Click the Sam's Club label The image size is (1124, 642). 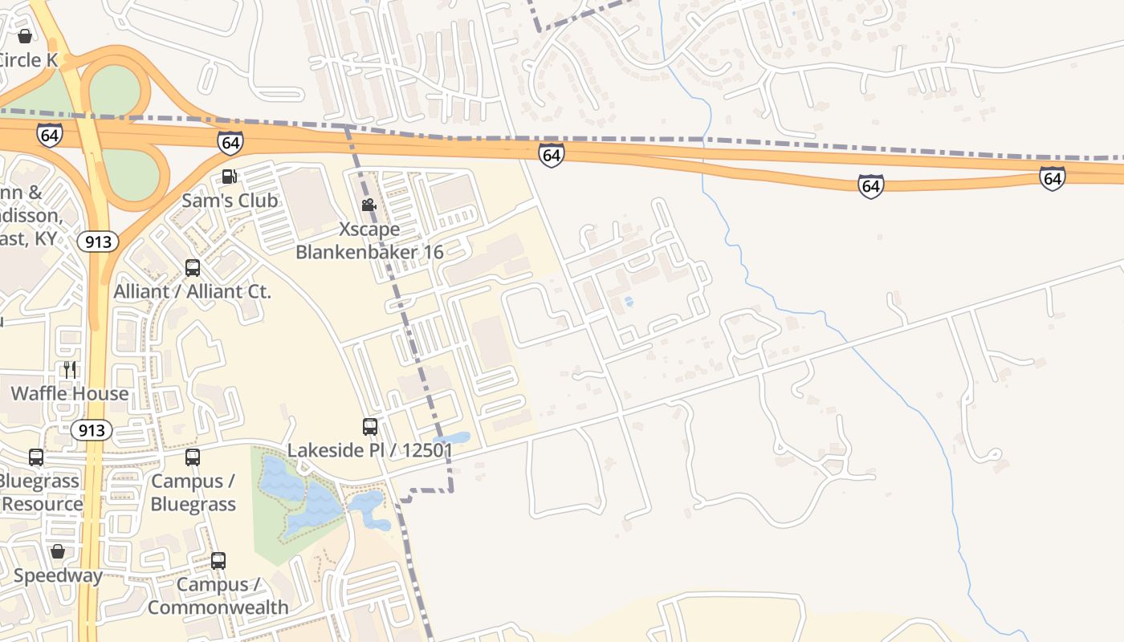click(230, 201)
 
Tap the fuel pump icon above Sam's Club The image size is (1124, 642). click(230, 177)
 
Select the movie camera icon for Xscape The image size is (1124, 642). click(369, 205)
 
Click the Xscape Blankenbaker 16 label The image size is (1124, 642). click(369, 241)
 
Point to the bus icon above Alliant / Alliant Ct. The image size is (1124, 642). click(193, 268)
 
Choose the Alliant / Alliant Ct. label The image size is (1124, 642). click(193, 291)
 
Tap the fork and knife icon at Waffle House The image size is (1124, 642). click(70, 369)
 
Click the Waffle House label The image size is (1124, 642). click(70, 393)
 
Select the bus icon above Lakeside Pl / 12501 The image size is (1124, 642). click(370, 427)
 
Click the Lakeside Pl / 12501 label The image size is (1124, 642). click(370, 451)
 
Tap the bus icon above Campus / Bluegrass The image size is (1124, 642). click(193, 457)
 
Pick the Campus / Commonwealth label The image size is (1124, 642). click(218, 595)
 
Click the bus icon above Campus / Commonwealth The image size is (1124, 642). click(218, 561)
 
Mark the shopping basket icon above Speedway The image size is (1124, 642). click(57, 551)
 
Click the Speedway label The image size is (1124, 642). click(58, 575)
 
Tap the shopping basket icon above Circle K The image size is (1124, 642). click(25, 36)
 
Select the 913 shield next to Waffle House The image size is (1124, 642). click(92, 430)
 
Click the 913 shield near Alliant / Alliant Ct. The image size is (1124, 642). click(98, 242)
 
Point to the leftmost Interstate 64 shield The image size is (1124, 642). click(49, 135)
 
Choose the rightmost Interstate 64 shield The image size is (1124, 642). click(1052, 178)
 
